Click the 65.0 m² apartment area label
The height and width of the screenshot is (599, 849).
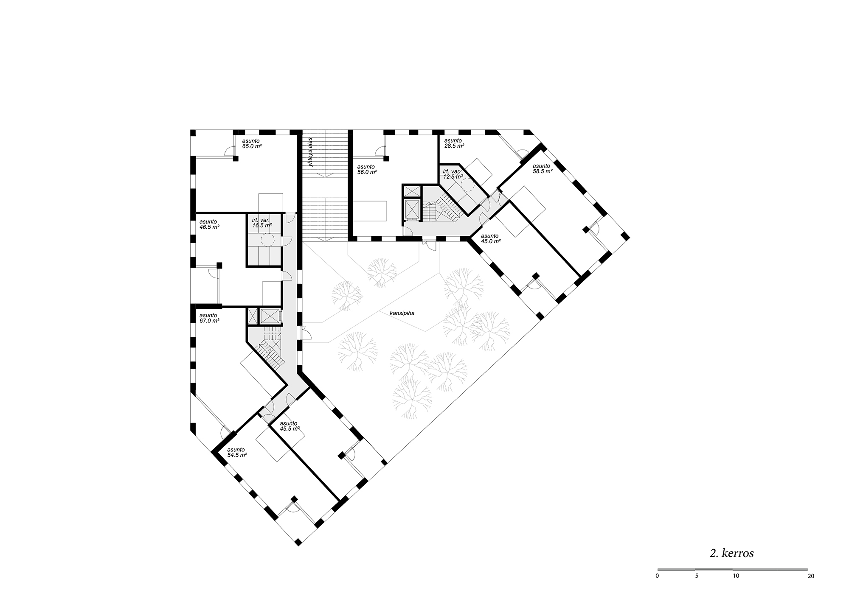(x=252, y=143)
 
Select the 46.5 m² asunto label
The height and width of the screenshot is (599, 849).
(x=209, y=224)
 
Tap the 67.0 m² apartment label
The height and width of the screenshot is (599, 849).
(x=209, y=318)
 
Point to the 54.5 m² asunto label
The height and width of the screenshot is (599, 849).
(x=237, y=452)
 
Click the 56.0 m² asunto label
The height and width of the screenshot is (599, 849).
(x=367, y=169)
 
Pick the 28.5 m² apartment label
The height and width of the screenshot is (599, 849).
(x=454, y=143)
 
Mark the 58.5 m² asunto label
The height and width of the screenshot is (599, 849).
(x=543, y=168)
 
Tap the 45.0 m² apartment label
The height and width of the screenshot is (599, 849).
(x=491, y=238)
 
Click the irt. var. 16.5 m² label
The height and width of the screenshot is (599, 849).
(x=262, y=223)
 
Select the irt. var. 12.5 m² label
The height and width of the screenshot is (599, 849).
(x=453, y=174)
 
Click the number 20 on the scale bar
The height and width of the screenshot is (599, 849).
(x=811, y=588)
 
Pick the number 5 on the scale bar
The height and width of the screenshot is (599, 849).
(x=696, y=588)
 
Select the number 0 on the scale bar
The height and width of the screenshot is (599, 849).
(x=658, y=588)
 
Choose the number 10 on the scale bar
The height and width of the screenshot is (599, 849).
(x=736, y=588)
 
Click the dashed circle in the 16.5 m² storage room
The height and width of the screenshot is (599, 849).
(x=268, y=241)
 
